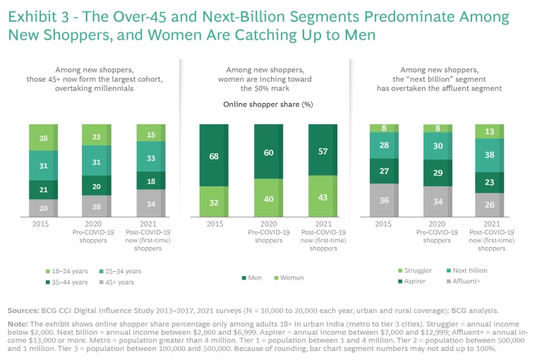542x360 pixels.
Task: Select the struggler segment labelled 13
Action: [x=488, y=131]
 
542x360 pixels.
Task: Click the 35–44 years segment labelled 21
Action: [x=44, y=190]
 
